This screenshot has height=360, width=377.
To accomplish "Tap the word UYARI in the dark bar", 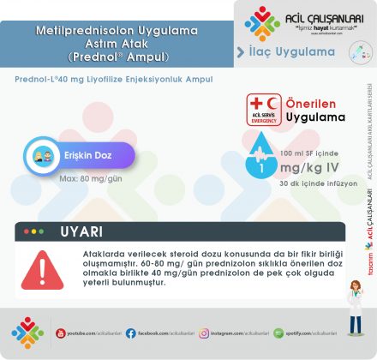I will point(81,231).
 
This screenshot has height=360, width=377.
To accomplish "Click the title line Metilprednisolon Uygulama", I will point(117,31).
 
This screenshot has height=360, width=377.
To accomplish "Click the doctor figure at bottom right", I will point(354,304).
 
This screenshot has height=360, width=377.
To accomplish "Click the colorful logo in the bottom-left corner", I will point(27,333).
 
